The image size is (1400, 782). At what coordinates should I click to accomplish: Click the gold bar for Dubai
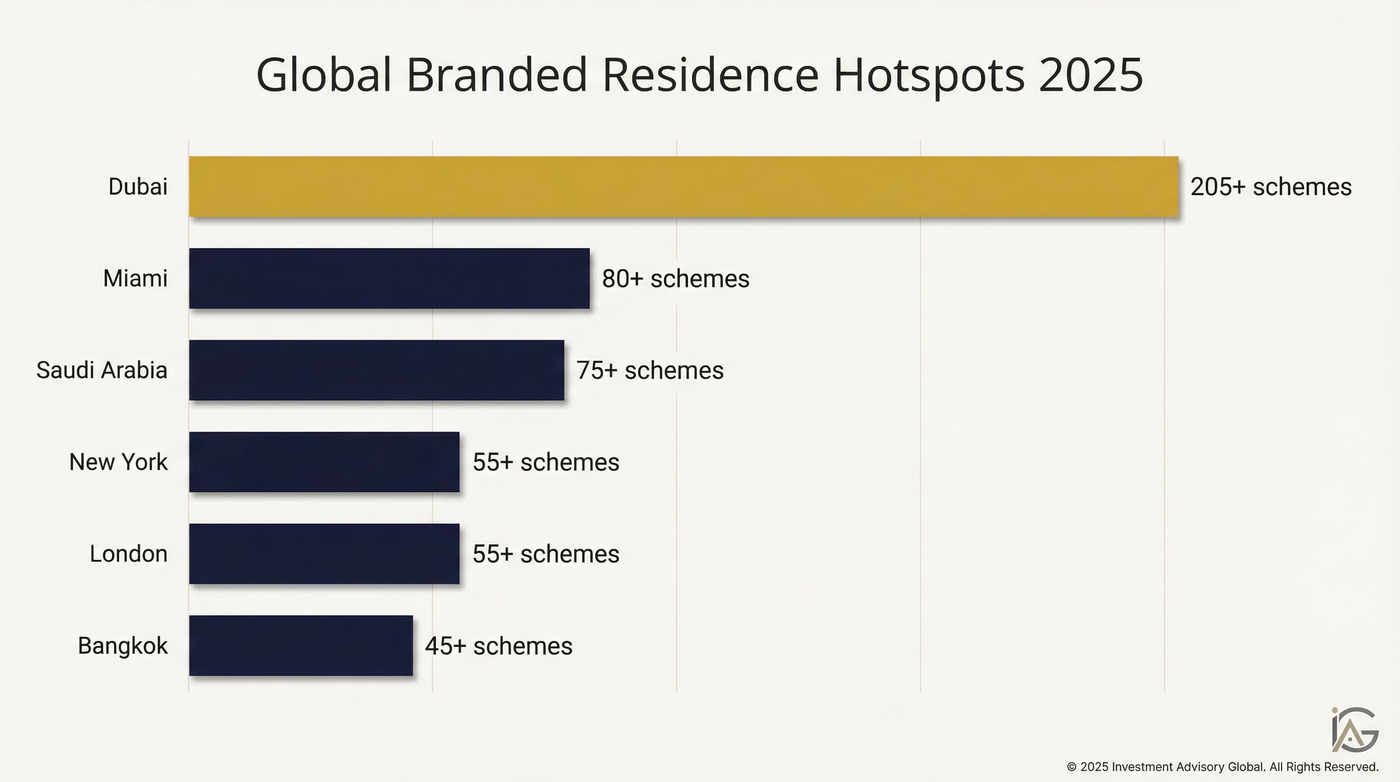[x=683, y=186]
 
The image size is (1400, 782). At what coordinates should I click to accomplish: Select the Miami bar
[x=389, y=278]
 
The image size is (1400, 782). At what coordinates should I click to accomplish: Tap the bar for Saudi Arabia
[x=376, y=370]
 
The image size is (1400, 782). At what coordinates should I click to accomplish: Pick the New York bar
[x=324, y=462]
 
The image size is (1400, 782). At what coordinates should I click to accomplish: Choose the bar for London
[x=324, y=553]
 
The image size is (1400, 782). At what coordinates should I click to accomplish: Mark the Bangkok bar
[x=301, y=646]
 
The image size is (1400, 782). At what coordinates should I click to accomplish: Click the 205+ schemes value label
[x=1271, y=187]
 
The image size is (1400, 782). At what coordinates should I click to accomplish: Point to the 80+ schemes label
[x=676, y=279]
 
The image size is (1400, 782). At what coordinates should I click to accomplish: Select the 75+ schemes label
[x=650, y=370]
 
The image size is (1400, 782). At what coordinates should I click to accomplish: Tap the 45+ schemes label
[x=499, y=646]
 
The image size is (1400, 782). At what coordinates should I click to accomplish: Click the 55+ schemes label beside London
[x=546, y=554]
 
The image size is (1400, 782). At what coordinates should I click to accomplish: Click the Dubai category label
[x=137, y=187]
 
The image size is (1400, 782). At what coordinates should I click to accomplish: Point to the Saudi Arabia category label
[x=102, y=370]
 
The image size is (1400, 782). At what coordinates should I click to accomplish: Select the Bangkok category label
[x=122, y=646]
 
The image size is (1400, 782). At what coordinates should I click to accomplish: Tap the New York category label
[x=118, y=462]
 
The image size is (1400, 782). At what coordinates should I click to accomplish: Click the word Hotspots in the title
[x=929, y=75]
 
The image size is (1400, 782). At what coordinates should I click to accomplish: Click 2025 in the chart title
[x=1090, y=75]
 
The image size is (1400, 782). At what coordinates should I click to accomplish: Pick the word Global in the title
[x=324, y=75]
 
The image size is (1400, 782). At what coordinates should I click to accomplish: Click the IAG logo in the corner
[x=1354, y=730]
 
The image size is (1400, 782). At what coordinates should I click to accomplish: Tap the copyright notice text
[x=1222, y=767]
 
